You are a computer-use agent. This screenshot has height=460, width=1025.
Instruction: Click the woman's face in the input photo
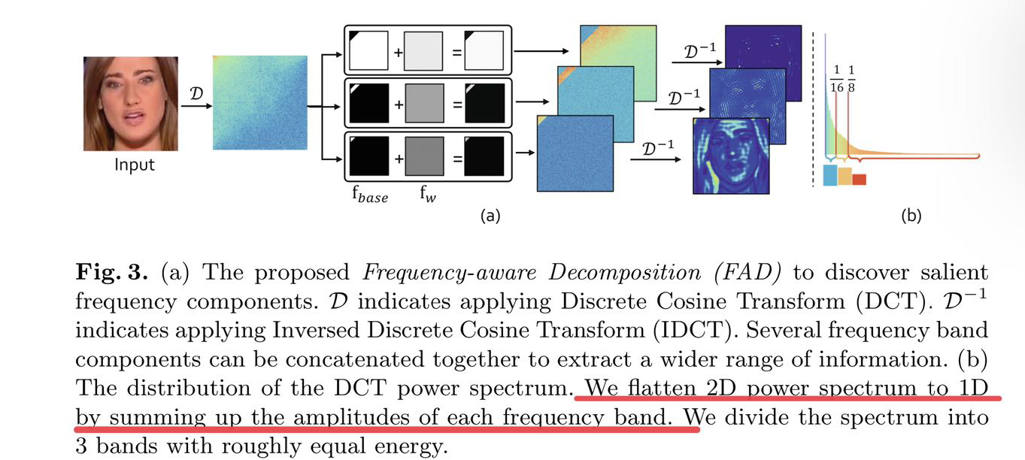pyautogui.click(x=129, y=101)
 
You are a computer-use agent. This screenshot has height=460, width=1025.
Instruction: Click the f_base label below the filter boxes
pyautogui.click(x=369, y=196)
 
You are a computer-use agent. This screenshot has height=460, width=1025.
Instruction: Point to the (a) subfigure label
pyautogui.click(x=490, y=216)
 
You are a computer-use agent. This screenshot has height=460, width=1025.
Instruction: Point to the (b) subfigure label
pyautogui.click(x=911, y=216)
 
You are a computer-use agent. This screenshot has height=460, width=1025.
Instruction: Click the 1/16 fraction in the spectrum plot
pyautogui.click(x=836, y=78)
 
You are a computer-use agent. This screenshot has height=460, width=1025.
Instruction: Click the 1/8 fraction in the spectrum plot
pyautogui.click(x=852, y=78)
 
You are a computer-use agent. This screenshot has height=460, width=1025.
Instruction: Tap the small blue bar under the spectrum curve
pyautogui.click(x=830, y=175)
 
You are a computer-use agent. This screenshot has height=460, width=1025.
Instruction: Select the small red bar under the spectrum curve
pyautogui.click(x=860, y=179)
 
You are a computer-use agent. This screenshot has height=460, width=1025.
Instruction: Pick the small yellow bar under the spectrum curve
pyautogui.click(x=845, y=176)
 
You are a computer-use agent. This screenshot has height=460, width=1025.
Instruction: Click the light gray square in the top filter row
pyautogui.click(x=424, y=51)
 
